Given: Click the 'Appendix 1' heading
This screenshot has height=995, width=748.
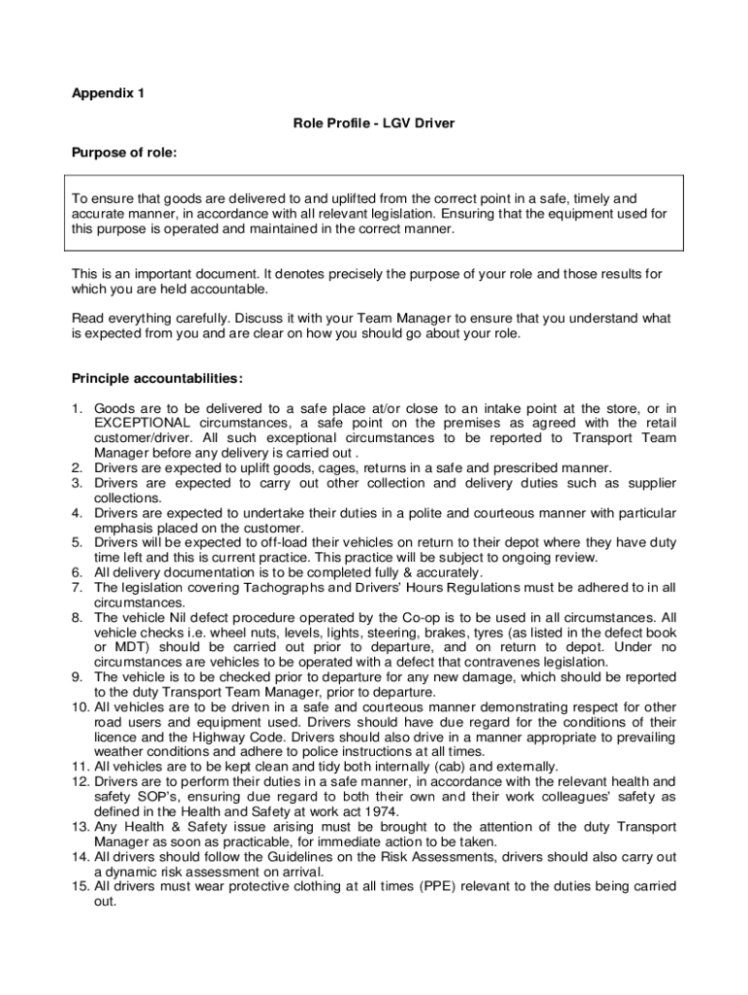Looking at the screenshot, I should (108, 94).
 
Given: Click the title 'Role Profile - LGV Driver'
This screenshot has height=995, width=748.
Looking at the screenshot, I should (374, 123).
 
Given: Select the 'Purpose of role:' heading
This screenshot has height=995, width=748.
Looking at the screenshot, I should (124, 153).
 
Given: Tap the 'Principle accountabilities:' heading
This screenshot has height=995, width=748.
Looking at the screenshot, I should (157, 378).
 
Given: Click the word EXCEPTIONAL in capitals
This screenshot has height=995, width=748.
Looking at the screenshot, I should (142, 423).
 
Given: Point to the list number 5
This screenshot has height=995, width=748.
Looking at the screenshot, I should (77, 542).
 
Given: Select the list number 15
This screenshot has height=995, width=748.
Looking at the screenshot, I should (81, 886).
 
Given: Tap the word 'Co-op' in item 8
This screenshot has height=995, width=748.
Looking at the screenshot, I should (422, 617).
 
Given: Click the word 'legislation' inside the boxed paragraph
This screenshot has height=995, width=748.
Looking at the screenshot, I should (396, 214).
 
